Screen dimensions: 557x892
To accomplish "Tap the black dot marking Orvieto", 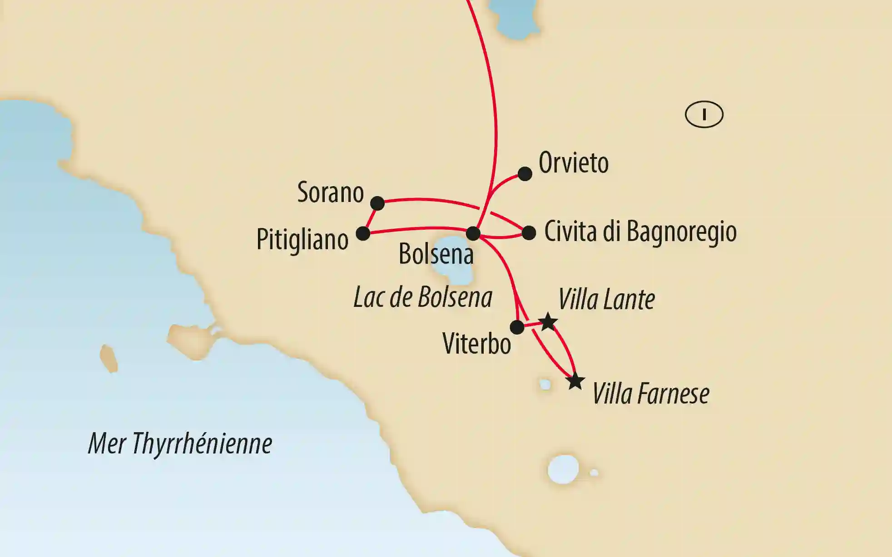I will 525,174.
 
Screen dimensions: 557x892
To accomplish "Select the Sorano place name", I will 331,192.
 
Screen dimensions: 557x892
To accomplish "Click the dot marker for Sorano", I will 377,203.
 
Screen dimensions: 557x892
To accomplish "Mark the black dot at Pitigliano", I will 363,234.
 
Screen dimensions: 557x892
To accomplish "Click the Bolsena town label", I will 436,254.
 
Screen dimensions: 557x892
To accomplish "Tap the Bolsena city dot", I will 473,233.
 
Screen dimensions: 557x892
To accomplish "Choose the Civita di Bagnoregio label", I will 640,232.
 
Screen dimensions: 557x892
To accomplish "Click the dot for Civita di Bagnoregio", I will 529,233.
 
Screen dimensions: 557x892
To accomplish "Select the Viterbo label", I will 476,344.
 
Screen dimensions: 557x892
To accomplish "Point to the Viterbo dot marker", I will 517,327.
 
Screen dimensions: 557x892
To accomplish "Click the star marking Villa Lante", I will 548,322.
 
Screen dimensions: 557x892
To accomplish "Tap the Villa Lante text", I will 606,300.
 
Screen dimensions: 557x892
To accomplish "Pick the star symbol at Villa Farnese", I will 575,381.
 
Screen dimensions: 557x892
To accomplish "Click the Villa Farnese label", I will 651,394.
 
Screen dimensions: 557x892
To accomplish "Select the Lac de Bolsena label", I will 423,298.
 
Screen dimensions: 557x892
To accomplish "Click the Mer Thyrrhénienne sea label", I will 180,444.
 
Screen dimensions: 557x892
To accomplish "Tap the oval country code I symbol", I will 704,114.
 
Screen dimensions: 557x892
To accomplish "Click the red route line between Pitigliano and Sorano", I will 371,218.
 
